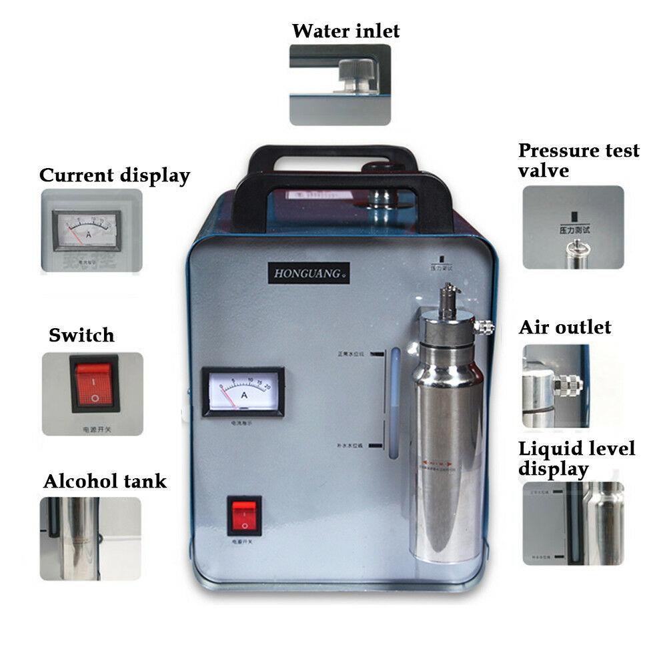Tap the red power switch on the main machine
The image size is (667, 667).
[x=243, y=516]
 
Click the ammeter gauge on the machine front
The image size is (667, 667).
[x=243, y=390]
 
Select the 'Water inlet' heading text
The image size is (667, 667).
[x=346, y=31]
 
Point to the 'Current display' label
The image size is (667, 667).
[x=115, y=175]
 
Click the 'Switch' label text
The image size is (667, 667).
[x=81, y=335]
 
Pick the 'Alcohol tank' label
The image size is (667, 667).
[x=105, y=481]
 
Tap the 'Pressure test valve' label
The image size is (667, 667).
[x=578, y=160]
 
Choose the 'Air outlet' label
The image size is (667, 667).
[x=565, y=327]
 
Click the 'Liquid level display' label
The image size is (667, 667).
[x=576, y=458]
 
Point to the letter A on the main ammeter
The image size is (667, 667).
[x=244, y=395]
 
